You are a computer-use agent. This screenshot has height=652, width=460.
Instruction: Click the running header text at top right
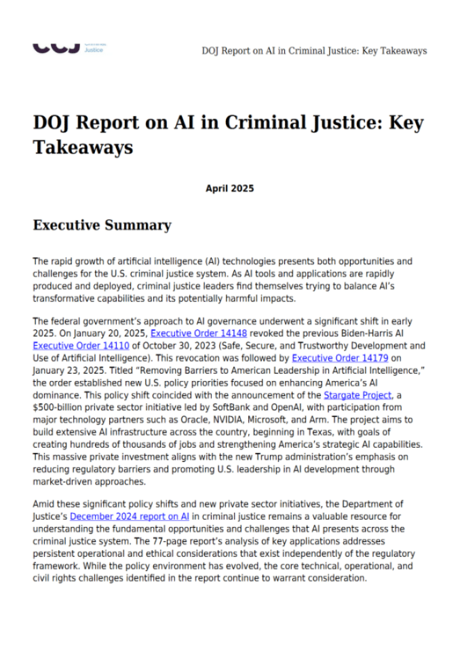pyautogui.click(x=314, y=51)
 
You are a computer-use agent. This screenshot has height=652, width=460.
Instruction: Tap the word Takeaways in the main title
pyautogui.click(x=83, y=147)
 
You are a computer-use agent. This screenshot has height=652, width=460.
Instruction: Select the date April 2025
pyautogui.click(x=229, y=188)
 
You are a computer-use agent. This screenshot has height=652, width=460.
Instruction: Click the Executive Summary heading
pyautogui.click(x=102, y=225)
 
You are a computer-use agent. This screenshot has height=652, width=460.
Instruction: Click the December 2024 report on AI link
pyautogui.click(x=139, y=516)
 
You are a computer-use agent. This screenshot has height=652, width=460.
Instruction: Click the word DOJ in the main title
pyautogui.click(x=54, y=124)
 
